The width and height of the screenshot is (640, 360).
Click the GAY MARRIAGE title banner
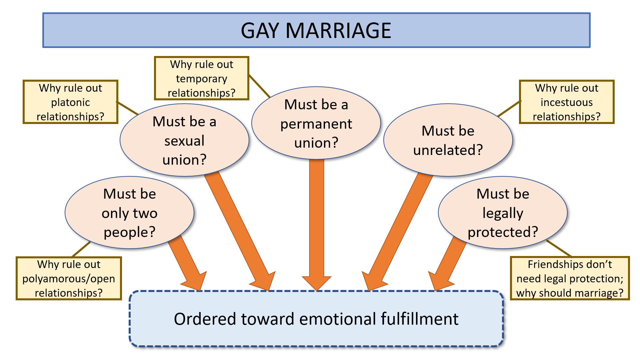[x=316, y=30]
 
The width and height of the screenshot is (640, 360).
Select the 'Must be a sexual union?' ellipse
[x=184, y=140]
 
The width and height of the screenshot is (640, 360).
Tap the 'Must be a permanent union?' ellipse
[x=316, y=123]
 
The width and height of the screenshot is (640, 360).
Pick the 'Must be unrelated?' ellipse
[x=448, y=140]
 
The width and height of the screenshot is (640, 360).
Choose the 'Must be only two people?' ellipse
[x=129, y=213]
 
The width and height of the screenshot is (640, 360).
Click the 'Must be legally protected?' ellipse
[x=503, y=213]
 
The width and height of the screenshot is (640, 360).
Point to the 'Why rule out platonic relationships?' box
[x=70, y=102]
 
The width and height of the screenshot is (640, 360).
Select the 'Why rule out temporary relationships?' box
[x=201, y=78]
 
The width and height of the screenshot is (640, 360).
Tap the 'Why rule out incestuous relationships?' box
[x=567, y=102]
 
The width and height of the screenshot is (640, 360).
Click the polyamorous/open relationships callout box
[x=69, y=278]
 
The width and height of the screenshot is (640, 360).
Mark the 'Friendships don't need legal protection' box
[x=570, y=278]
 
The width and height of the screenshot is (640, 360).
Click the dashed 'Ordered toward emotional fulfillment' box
[x=316, y=319]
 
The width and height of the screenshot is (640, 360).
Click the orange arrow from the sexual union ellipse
[x=240, y=230]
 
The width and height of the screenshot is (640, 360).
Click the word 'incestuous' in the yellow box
[x=567, y=102]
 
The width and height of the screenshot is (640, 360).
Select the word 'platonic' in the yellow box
[x=70, y=102]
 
